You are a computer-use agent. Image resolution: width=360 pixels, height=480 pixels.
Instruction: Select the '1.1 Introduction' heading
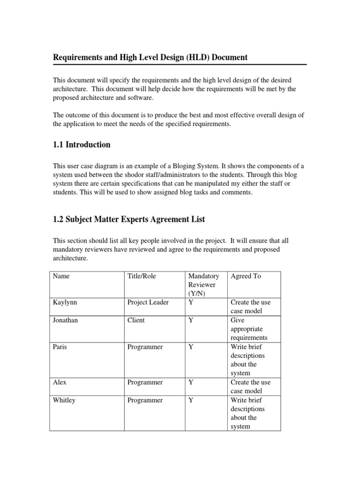click(x=82, y=145)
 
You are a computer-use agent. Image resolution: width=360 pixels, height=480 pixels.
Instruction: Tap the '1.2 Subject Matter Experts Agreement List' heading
click(x=128, y=219)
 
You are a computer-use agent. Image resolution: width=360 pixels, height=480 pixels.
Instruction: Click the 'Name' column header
click(x=61, y=276)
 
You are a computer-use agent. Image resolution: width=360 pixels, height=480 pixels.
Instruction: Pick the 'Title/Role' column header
click(x=142, y=276)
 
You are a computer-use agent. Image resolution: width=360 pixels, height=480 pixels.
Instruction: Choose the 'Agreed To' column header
click(x=246, y=276)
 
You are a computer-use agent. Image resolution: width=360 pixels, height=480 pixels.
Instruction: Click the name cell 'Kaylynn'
click(x=65, y=302)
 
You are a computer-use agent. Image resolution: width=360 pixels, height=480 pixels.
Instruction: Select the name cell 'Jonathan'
click(x=66, y=320)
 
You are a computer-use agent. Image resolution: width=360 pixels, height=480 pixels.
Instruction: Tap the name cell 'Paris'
click(x=60, y=347)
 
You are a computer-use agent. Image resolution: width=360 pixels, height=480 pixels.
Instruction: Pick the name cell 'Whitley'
click(x=64, y=400)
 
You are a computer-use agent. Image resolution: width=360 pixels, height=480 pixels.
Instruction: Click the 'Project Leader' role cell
click(x=148, y=302)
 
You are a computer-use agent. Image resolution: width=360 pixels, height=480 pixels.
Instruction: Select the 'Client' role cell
click(x=136, y=320)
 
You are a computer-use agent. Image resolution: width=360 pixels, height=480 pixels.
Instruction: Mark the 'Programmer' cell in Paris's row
click(x=145, y=347)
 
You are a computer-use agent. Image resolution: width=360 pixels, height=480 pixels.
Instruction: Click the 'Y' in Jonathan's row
click(x=191, y=320)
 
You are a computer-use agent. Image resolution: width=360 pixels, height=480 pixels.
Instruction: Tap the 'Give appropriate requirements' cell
click(x=248, y=329)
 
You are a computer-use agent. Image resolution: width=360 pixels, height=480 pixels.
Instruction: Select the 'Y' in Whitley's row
click(x=191, y=400)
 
